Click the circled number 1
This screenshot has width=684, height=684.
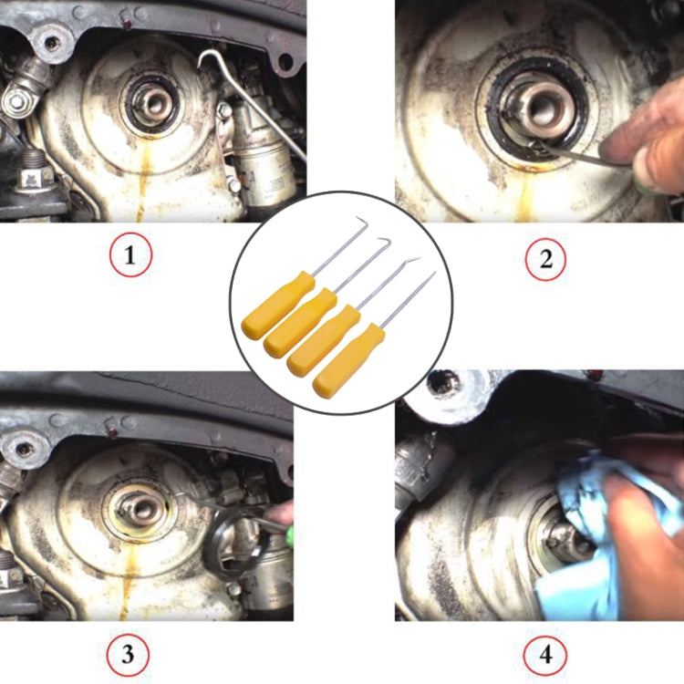click(x=130, y=254)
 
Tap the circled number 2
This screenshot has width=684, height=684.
click(x=545, y=259)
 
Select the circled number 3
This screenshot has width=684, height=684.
click(x=128, y=655)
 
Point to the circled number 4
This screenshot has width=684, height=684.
click(x=545, y=655)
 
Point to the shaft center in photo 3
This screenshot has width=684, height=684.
click(x=142, y=509)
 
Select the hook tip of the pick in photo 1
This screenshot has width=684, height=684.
click(x=199, y=67)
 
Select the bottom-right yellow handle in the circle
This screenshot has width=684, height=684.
click(x=349, y=360)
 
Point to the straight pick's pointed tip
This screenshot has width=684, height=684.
click(x=435, y=272)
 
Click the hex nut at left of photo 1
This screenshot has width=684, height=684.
click(x=16, y=101)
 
